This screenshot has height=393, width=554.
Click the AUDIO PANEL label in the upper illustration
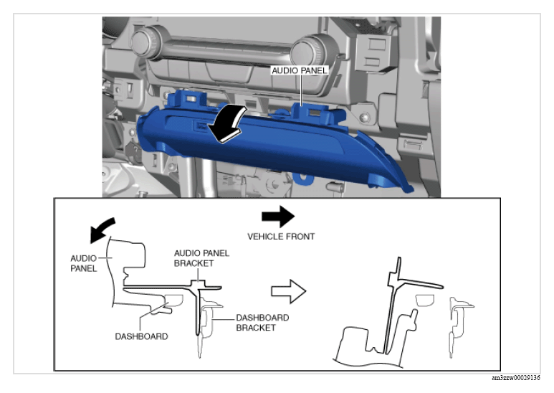click(x=300, y=71)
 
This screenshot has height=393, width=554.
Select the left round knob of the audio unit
click(x=145, y=43)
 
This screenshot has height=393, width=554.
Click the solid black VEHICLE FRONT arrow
click(x=278, y=217)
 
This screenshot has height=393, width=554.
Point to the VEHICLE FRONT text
click(x=281, y=237)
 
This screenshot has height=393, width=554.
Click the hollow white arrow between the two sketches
click(x=289, y=292)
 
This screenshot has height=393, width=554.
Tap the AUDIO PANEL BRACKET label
click(x=201, y=258)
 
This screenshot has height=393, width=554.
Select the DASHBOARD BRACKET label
click(x=262, y=323)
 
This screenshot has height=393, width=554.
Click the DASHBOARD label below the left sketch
click(x=141, y=336)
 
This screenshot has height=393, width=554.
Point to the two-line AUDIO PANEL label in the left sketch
click(x=83, y=263)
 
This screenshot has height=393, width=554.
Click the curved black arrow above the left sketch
click(x=102, y=229)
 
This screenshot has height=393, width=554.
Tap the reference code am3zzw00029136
click(x=516, y=378)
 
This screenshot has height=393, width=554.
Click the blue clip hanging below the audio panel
click(x=303, y=179)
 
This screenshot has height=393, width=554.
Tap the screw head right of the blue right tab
click(x=364, y=117)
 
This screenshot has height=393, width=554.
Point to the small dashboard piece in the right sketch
click(x=424, y=300)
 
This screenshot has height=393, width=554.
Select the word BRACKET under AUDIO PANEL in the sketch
click(x=194, y=263)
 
